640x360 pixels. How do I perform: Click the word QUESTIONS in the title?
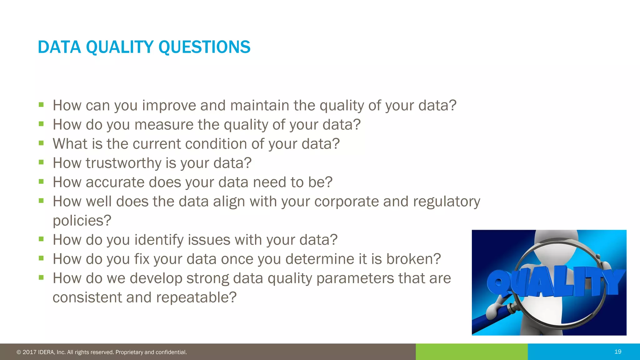(x=204, y=47)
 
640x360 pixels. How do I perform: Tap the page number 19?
(x=617, y=352)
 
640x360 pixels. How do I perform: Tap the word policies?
(x=82, y=221)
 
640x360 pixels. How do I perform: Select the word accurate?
(x=115, y=182)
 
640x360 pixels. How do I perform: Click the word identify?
(x=158, y=240)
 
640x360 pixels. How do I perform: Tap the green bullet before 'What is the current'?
(x=41, y=143)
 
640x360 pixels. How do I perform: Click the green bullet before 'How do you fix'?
(x=41, y=258)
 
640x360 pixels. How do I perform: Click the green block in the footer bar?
(x=471, y=352)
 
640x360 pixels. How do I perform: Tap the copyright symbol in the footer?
(x=19, y=352)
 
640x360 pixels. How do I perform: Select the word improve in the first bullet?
(x=169, y=106)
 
